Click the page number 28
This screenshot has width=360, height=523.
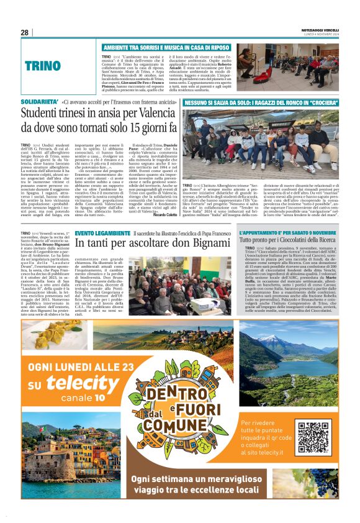tap(25, 32)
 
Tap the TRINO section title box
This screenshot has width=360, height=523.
tap(43, 66)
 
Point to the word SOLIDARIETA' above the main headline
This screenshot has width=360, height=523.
tap(40, 101)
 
